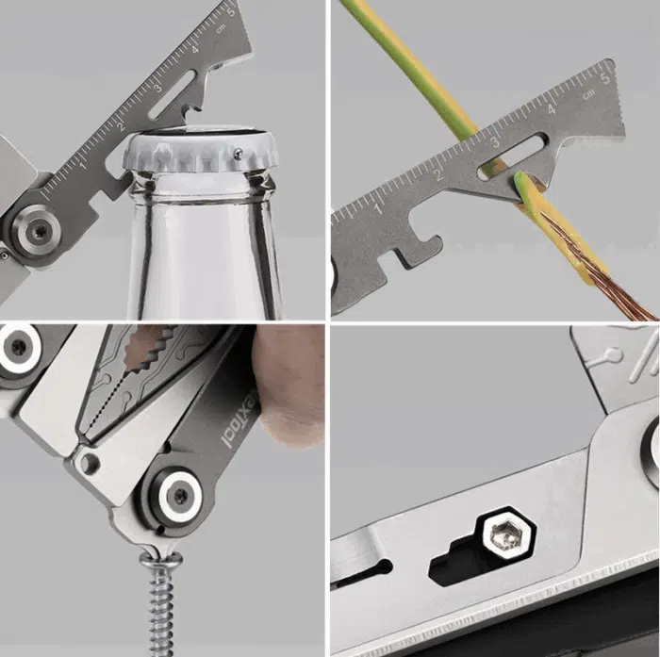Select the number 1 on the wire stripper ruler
pyautogui.click(x=378, y=201)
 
